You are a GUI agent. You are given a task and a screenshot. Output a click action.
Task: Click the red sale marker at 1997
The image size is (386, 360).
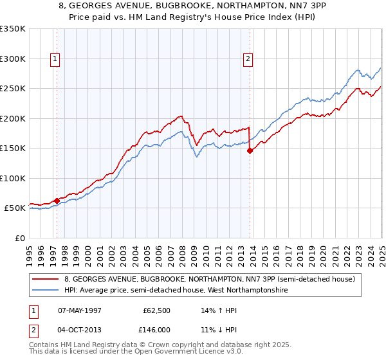[x=57, y=201]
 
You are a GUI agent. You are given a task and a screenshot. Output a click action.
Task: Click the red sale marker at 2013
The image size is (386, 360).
[x=250, y=151]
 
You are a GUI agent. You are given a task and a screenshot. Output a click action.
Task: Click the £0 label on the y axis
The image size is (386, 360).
[x=19, y=238]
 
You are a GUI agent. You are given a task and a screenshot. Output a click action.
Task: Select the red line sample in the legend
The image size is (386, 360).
[x=45, y=279]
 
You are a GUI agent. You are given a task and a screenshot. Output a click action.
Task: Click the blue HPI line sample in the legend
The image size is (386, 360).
[x=45, y=291]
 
